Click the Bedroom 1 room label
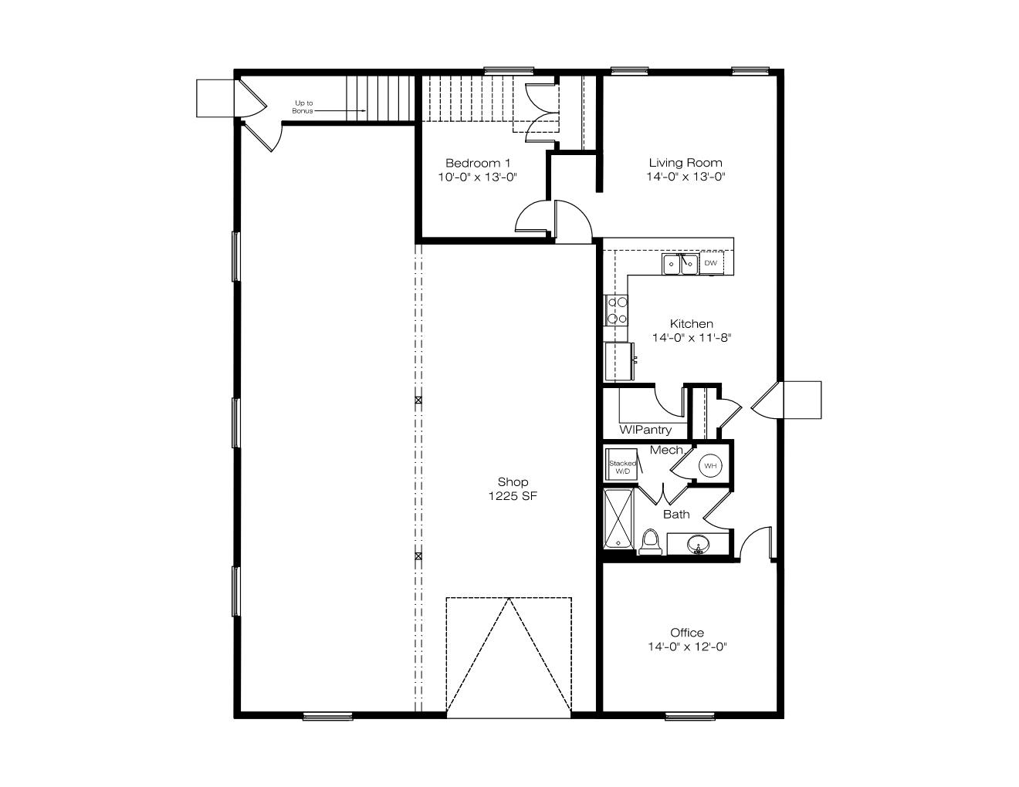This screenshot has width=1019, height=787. coord(477,163)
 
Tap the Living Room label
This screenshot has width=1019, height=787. coord(685,163)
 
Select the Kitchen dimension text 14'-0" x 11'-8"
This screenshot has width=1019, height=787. coord(692,337)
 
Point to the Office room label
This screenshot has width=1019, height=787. coord(687,633)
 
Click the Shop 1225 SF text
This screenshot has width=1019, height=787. coord(513,489)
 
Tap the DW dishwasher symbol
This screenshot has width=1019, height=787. coord(711,263)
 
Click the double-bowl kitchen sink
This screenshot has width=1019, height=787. coord(680,264)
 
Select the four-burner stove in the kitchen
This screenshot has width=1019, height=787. coord(616,310)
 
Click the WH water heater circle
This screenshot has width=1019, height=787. coord(710,466)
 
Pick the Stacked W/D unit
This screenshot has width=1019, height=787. coord(621,464)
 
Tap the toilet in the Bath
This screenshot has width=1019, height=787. coord(650,542)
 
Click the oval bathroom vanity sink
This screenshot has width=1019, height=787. coord(699,544)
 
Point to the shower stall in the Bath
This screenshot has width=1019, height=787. coord(618,519)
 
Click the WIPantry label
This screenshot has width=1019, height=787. coord(645,429)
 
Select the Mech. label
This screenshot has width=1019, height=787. coord(667,450)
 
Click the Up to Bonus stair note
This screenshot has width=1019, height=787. coord(303,107)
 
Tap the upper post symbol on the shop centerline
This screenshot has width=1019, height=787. coord(418,400)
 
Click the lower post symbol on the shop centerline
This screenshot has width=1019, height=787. coord(418,556)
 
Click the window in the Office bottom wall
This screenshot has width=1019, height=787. coord(689,716)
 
